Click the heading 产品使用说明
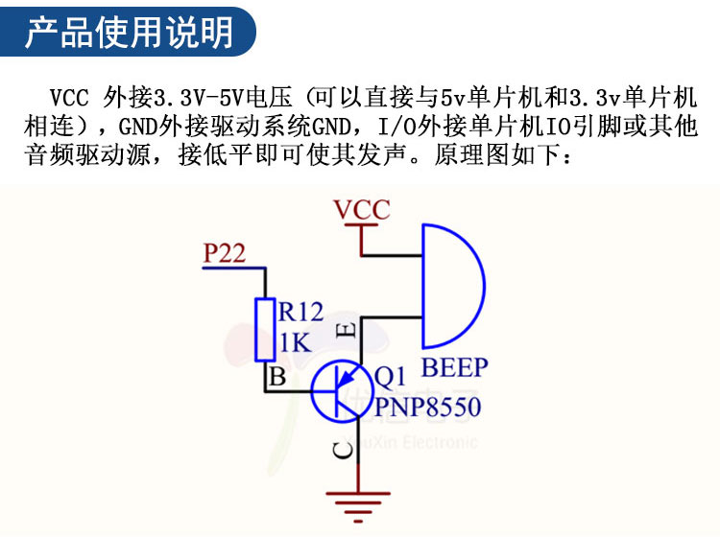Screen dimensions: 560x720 (129, 33)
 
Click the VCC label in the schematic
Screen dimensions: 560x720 (361, 209)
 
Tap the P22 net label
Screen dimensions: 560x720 (225, 254)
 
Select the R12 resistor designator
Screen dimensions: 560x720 (301, 311)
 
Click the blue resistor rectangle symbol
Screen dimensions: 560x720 (265, 329)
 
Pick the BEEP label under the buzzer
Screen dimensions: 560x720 (455, 367)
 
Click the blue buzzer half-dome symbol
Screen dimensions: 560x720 (450, 286)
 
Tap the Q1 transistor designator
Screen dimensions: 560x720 (391, 376)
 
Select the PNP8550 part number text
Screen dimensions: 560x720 (427, 407)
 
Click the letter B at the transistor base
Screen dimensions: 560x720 (277, 377)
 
